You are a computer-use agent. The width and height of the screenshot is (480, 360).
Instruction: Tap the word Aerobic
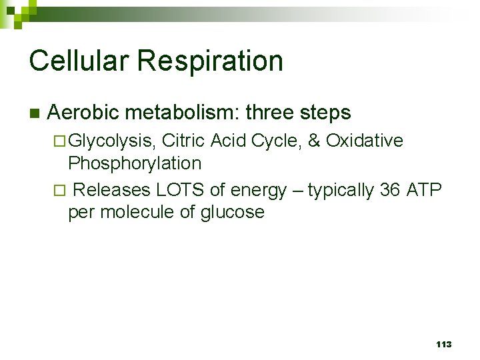pyautogui.click(x=75, y=113)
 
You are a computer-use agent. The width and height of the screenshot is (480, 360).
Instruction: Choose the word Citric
pyautogui.click(x=183, y=141)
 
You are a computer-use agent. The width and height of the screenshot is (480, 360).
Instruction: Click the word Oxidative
pyautogui.click(x=364, y=141)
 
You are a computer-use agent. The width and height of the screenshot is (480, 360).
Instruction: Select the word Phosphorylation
pyautogui.click(x=135, y=163)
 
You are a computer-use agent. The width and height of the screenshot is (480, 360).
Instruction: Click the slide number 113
pyautogui.click(x=443, y=345)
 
